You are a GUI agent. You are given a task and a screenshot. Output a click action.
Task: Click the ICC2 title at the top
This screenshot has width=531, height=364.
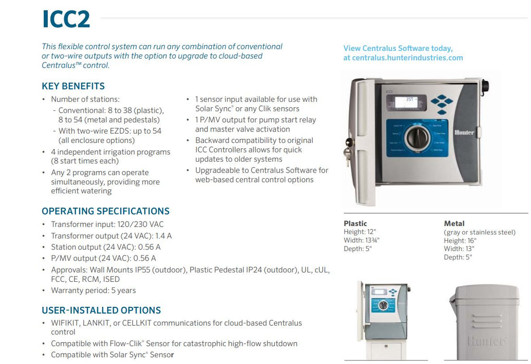[x=66, y=19]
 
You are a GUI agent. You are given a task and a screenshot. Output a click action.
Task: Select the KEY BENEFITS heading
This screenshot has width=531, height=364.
[x=73, y=86]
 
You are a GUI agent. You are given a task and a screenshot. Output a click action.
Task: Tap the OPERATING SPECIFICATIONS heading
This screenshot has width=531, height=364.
[x=105, y=211]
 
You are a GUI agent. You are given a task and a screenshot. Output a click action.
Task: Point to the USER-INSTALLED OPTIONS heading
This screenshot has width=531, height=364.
[x=101, y=310]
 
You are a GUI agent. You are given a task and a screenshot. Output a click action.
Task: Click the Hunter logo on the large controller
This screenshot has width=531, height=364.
[x=464, y=133]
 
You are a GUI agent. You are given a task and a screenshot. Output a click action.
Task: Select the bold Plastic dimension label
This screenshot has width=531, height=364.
[x=355, y=224]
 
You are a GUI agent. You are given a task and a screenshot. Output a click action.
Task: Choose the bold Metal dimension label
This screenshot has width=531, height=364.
[x=454, y=224]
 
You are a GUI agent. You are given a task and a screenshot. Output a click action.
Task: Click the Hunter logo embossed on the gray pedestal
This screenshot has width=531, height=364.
[x=487, y=342]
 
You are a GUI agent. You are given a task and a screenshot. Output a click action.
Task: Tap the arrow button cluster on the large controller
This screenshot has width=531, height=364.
[x=442, y=103]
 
